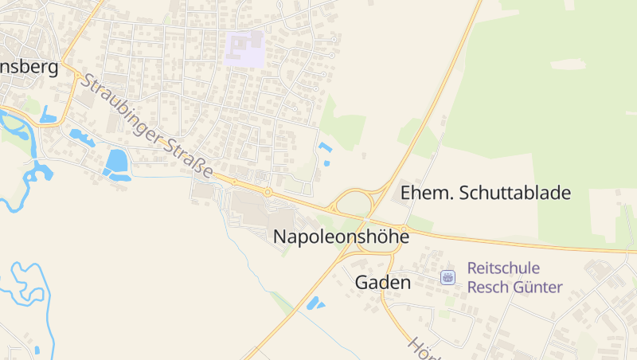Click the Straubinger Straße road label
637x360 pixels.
click(147, 127)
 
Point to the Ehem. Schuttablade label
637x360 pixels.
click(486, 193)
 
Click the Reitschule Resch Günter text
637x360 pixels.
click(514, 277)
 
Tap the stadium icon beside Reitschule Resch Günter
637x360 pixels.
click(448, 277)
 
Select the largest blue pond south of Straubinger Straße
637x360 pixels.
click(117, 162)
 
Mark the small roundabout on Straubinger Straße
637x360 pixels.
click(268, 192)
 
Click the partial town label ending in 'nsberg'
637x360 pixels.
click(29, 67)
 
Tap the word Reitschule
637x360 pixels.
click(503, 268)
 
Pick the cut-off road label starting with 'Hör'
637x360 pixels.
click(420, 348)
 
